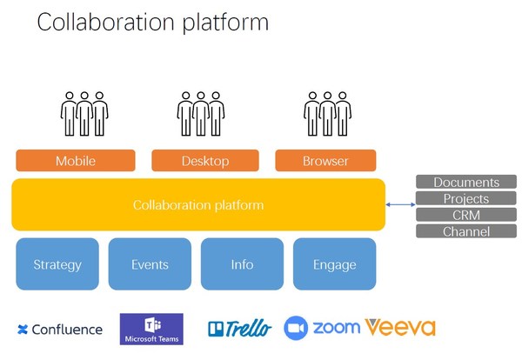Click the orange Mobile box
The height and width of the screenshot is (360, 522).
tap(76, 161)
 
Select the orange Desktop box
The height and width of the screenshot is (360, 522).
tap(205, 161)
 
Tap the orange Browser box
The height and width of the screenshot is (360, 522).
tap(325, 161)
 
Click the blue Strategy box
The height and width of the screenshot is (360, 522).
tap(57, 264)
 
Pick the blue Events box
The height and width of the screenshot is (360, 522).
tap(150, 264)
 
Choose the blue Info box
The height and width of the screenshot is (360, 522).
tap(242, 264)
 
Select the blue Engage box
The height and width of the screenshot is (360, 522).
tap(335, 264)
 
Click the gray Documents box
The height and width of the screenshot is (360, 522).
tap(466, 183)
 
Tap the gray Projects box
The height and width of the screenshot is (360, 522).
tap(466, 199)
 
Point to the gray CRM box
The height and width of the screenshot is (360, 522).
tap(466, 215)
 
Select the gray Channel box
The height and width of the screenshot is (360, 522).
tap(466, 231)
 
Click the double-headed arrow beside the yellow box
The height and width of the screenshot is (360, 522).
tap(400, 205)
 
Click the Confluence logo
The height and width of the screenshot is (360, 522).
tap(59, 330)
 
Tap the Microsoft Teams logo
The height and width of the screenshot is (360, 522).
tap(151, 330)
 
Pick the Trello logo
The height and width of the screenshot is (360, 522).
tap(239, 329)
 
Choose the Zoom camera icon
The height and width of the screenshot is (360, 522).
tap(297, 328)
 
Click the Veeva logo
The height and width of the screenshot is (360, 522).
tap(400, 328)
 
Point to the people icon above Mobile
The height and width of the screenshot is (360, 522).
tap(84, 113)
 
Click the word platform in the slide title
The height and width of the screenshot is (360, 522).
tap(221, 23)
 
